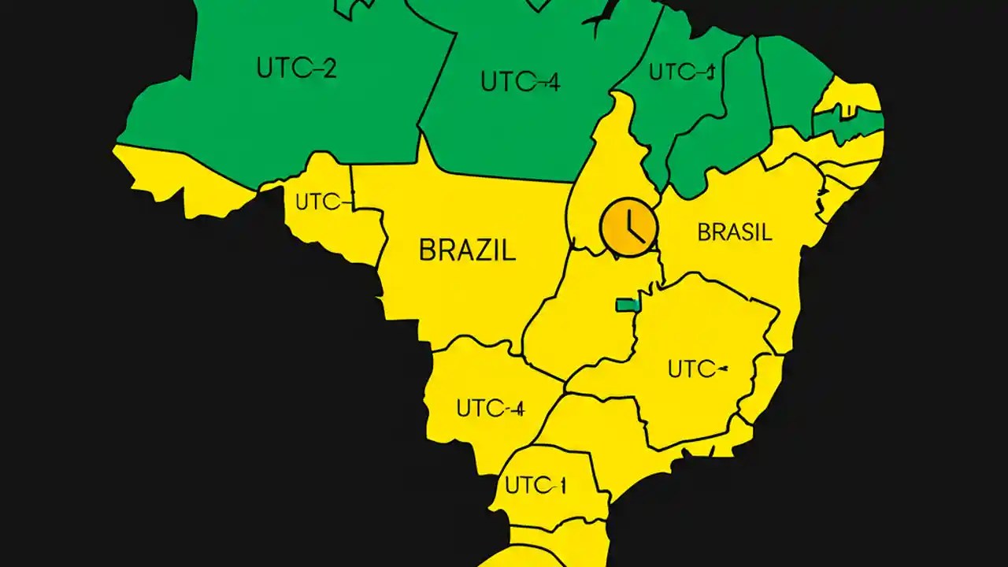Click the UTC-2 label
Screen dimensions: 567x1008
pyautogui.click(x=296, y=69)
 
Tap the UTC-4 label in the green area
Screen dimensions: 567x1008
pyautogui.click(x=520, y=81)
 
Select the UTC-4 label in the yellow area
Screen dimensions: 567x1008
pyautogui.click(x=490, y=409)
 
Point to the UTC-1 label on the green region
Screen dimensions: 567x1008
pyautogui.click(x=681, y=72)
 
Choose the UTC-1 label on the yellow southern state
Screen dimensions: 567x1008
pyautogui.click(x=535, y=486)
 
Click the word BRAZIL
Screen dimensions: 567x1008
pyautogui.click(x=467, y=250)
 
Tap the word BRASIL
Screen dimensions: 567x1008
pyautogui.click(x=735, y=232)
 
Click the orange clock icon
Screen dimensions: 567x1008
pyautogui.click(x=628, y=226)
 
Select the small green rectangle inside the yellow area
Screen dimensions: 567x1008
pyautogui.click(x=627, y=305)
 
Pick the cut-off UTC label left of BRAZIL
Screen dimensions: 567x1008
pyautogui.click(x=321, y=202)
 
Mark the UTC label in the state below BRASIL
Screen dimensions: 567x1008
pyautogui.click(x=696, y=369)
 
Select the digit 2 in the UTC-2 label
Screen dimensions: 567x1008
pyautogui.click(x=328, y=69)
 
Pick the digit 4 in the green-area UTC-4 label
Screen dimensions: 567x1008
pyautogui.click(x=552, y=82)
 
